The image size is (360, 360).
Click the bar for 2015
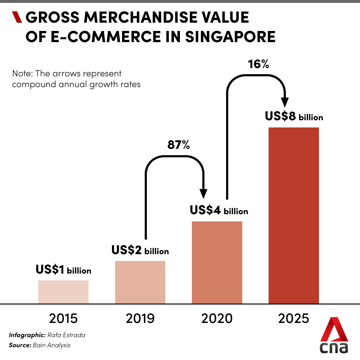pos(63,292)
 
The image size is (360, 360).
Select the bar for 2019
pos(140,282)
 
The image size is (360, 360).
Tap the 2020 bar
pos(217,262)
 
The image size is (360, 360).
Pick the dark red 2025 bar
pos(294,216)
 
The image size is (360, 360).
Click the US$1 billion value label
pos(63,270)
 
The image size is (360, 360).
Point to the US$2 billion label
pos(140,250)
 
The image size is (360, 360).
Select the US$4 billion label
pos(219,210)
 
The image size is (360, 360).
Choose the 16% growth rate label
pos(258,65)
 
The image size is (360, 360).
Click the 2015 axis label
pos(63,319)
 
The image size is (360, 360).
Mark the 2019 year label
pos(140,319)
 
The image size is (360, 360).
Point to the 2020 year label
pos(217,319)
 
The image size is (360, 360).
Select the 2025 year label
pos(294,319)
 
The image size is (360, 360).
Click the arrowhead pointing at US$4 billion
pos(204,194)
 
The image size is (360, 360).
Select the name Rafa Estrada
pos(66,335)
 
